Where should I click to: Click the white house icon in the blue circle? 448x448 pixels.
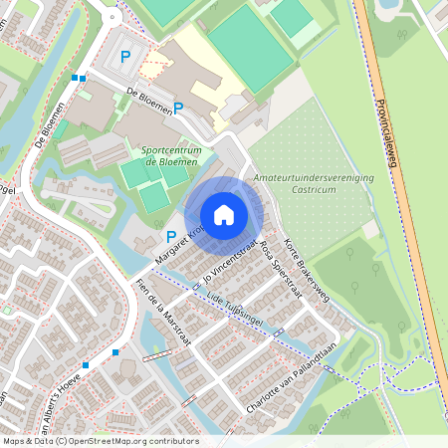(x=224, y=214)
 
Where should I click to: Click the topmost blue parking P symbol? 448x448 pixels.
(x=124, y=57)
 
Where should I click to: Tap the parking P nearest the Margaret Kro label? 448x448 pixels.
(x=171, y=237)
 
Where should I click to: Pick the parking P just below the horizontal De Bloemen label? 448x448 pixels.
(x=178, y=108)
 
